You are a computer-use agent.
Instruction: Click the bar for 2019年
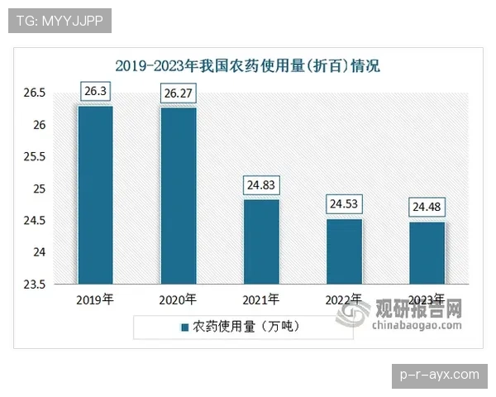click(96, 195)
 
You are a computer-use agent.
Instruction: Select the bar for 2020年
click(179, 196)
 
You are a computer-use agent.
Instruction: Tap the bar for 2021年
click(261, 242)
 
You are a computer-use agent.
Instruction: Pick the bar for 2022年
click(344, 251)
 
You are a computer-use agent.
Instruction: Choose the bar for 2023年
click(427, 253)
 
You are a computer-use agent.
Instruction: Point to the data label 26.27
click(179, 93)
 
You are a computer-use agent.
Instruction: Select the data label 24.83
click(261, 185)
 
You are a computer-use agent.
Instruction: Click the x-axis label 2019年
click(94, 299)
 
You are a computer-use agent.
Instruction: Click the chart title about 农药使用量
click(247, 66)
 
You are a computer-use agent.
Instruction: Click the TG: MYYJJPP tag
click(59, 21)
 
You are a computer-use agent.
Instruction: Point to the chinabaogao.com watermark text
click(418, 326)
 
